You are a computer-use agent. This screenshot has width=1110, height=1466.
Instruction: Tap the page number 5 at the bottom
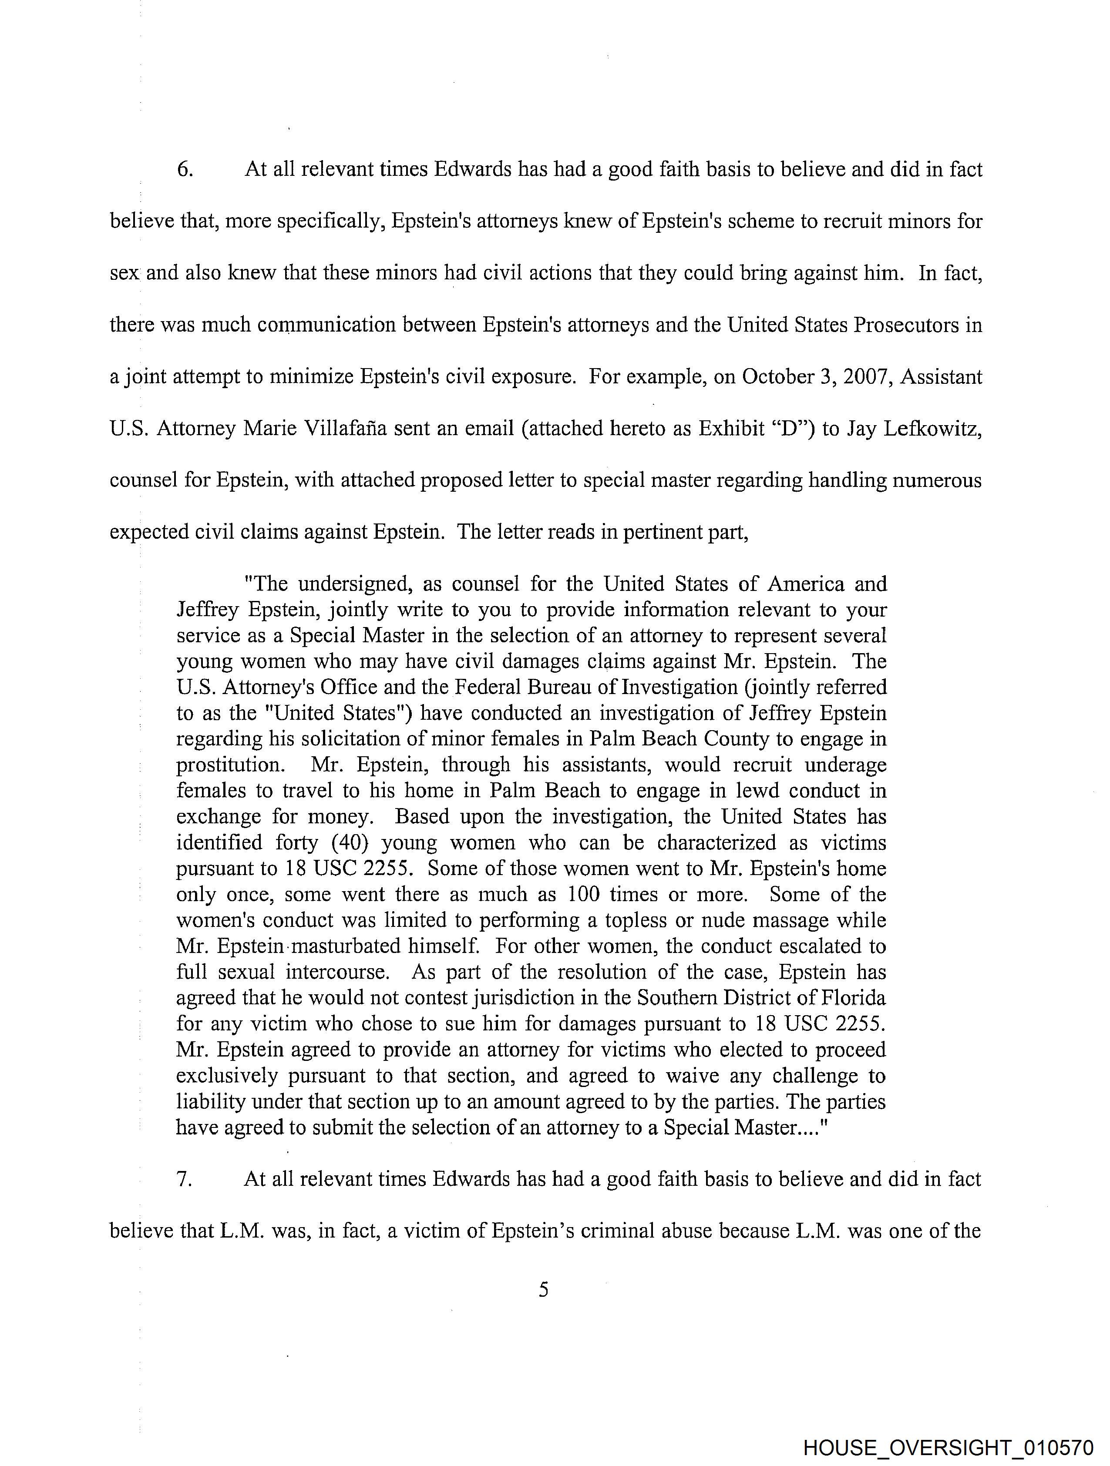click(x=544, y=1290)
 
